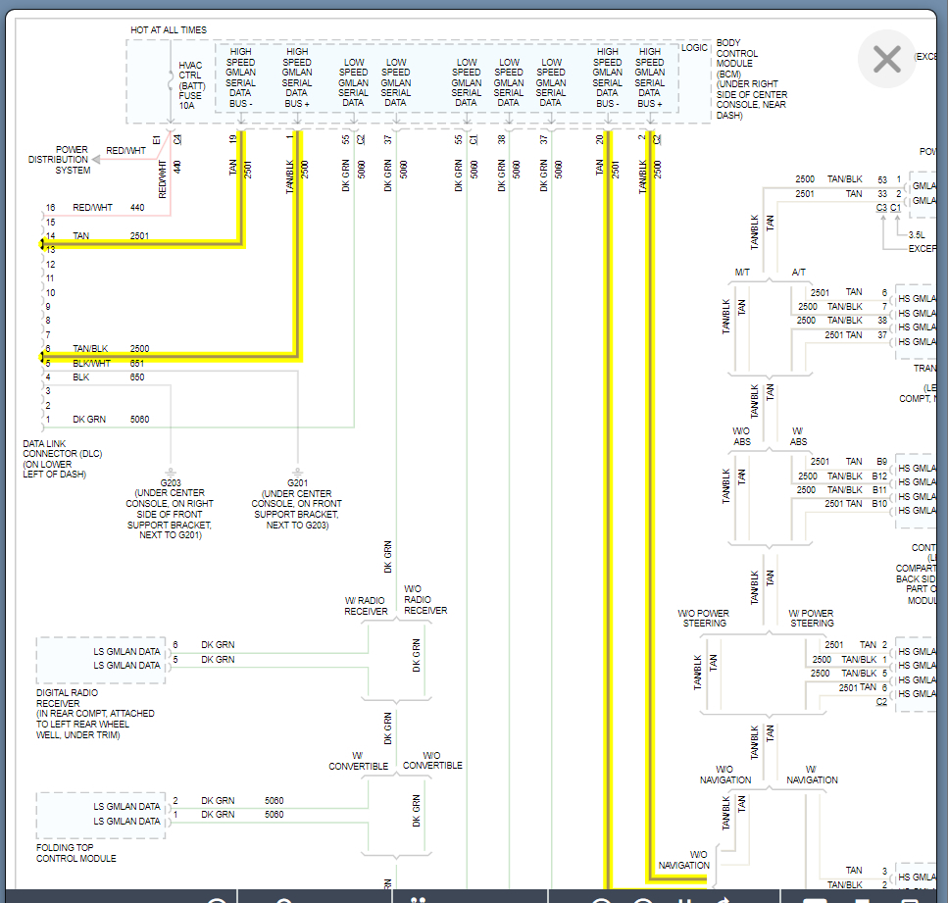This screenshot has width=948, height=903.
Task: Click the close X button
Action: [x=886, y=60]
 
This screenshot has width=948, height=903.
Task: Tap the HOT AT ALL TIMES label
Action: [x=169, y=30]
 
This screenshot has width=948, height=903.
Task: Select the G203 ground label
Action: [x=170, y=482]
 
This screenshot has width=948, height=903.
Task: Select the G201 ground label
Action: [x=296, y=482]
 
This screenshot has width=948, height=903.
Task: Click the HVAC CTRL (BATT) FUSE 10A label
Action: [x=190, y=85]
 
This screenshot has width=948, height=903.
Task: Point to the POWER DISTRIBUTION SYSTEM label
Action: [x=59, y=160]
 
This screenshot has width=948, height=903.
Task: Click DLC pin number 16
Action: [x=50, y=208]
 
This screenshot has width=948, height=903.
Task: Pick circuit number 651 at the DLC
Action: [x=137, y=363]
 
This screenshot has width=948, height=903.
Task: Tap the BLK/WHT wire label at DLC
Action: [x=93, y=363]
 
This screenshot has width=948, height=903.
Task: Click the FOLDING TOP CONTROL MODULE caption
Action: [x=76, y=853]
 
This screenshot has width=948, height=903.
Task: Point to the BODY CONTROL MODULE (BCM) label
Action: [x=751, y=79]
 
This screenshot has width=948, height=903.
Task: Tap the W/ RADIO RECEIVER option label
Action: [x=366, y=606]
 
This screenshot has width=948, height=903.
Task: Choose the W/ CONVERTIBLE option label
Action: [x=358, y=761]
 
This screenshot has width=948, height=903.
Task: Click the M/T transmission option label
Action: [x=742, y=272]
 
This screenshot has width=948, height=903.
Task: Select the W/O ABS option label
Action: [x=742, y=436]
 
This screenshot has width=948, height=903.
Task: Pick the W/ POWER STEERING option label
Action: [x=812, y=618]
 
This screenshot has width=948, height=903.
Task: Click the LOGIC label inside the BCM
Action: [x=694, y=47]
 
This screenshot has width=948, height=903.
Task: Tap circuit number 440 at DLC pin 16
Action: [x=137, y=208]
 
